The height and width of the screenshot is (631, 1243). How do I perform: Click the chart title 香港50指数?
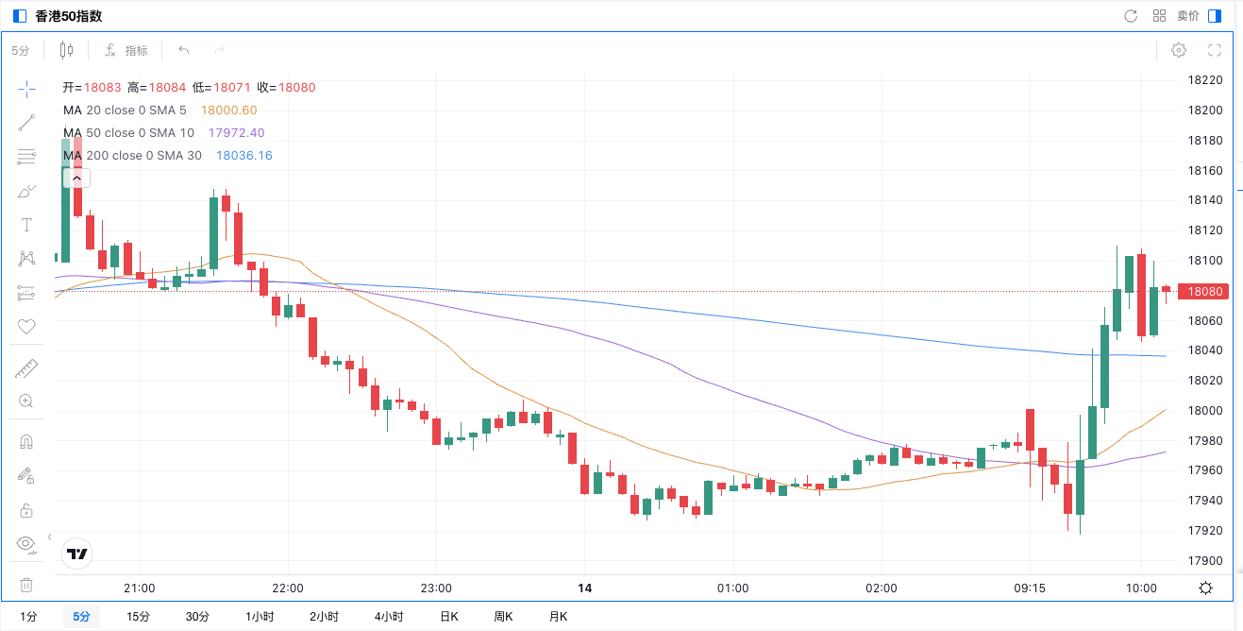click(x=68, y=16)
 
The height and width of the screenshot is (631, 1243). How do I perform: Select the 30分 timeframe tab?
click(x=197, y=617)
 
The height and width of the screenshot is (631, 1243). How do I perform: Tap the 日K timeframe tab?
click(x=449, y=617)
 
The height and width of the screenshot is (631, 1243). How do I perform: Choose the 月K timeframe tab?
click(x=559, y=617)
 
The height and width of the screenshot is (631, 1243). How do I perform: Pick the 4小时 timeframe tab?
click(x=388, y=617)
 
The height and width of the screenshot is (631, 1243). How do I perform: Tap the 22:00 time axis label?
click(x=288, y=588)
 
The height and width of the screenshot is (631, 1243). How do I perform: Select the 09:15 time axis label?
click(x=1029, y=588)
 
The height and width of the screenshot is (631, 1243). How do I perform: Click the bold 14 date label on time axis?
click(x=584, y=588)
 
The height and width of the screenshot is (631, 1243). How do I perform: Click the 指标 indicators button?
click(x=126, y=50)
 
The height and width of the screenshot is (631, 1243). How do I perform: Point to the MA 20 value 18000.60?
click(x=228, y=111)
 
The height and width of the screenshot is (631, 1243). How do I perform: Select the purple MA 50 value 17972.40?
click(x=236, y=133)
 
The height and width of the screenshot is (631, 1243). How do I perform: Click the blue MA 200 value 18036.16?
click(x=244, y=156)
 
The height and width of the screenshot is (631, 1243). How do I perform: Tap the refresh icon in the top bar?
click(x=1131, y=16)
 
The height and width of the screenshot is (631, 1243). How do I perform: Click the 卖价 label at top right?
click(x=1188, y=16)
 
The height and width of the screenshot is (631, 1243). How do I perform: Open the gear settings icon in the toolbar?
click(x=1179, y=50)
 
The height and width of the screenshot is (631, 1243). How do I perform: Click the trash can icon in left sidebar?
click(x=26, y=586)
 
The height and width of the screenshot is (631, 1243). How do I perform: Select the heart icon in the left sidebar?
click(x=26, y=327)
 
